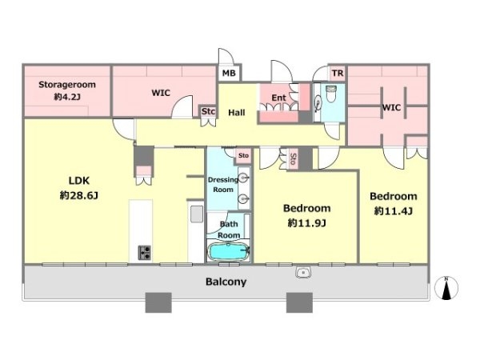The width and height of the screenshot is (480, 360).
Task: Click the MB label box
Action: [229, 73]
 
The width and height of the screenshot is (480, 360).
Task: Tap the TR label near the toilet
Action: [338, 74]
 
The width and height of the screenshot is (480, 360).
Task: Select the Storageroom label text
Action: [67, 85]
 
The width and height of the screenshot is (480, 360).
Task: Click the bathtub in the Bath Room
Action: [228, 251]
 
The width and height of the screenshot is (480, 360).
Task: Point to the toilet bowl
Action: [331, 94]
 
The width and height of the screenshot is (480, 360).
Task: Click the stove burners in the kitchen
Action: [145, 253]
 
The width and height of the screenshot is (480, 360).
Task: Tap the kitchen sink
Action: [197, 214]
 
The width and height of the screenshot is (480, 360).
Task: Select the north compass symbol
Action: [446, 288]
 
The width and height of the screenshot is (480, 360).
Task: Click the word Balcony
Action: [226, 282]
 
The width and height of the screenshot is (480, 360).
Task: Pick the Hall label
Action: [237, 113]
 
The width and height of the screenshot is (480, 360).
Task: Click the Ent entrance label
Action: [278, 98]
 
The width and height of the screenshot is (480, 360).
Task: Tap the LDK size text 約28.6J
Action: [79, 195]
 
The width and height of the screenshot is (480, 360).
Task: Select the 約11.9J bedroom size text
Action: [306, 223]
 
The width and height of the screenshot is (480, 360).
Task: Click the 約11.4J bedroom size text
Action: [394, 211]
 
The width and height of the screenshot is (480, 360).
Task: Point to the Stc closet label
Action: [208, 111]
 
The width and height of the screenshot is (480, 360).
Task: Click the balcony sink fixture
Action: [303, 272]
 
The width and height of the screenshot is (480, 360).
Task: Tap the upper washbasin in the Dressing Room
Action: [244, 178]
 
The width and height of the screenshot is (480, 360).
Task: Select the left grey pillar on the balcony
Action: [158, 302]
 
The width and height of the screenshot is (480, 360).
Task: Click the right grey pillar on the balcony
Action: [299, 302]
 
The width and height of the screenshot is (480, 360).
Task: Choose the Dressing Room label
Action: [223, 185]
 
